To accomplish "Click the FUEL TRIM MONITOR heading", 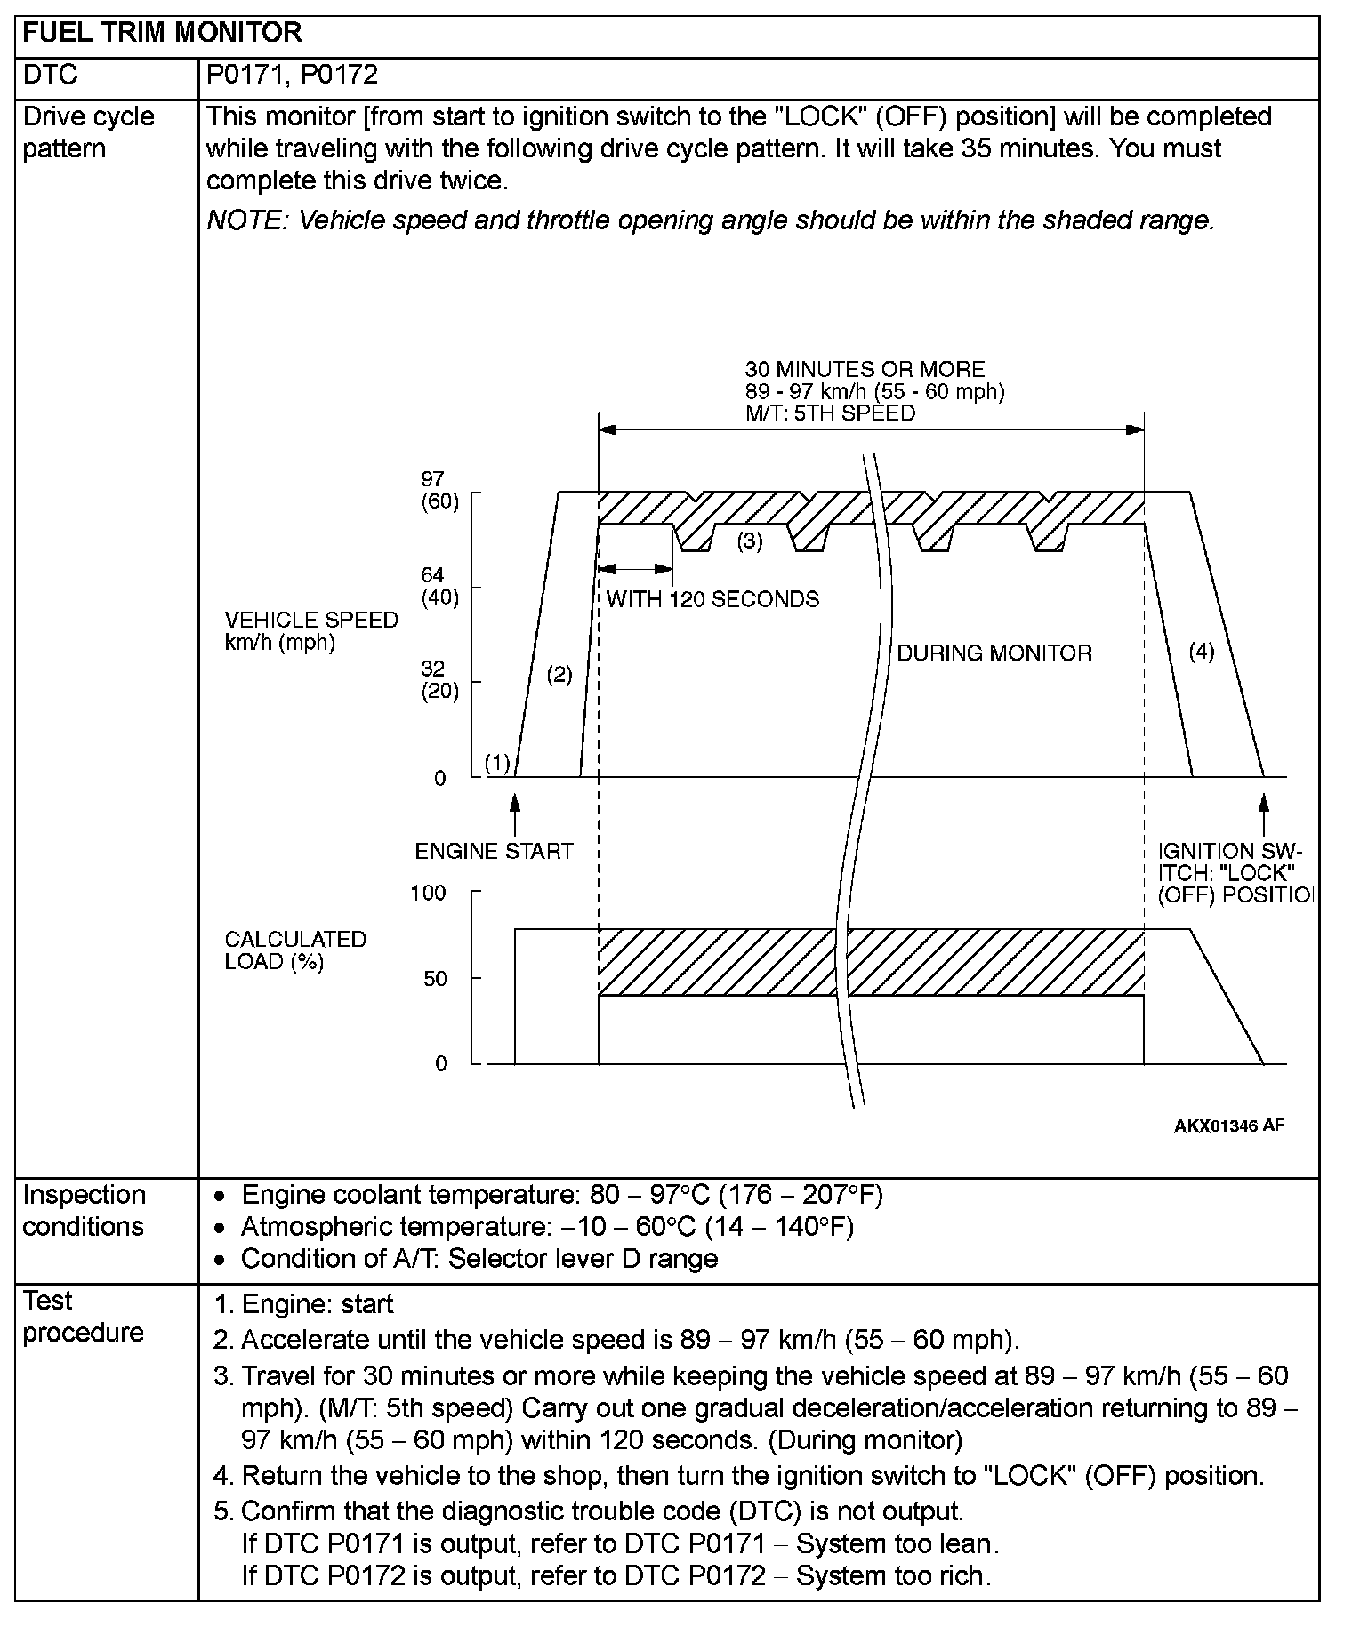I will tap(162, 34).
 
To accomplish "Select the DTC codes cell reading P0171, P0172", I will tap(292, 75).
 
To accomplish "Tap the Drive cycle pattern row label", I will tap(88, 132).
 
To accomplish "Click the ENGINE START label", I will tap(494, 852).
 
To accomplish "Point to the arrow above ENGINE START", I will tap(514, 813).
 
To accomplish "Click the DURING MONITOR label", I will tap(994, 653).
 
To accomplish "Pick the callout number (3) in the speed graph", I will tap(750, 541).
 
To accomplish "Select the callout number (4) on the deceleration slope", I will tap(1201, 652).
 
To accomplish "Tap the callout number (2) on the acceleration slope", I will tap(559, 675).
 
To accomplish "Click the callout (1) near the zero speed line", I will tap(497, 763).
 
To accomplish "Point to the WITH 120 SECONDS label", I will tap(712, 599).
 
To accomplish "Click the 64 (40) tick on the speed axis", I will tap(439, 587).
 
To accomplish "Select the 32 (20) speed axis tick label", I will tap(439, 681).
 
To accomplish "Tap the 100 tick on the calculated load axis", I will tap(428, 893).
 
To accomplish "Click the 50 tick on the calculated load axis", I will tap(435, 979).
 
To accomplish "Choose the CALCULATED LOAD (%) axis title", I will tap(295, 950).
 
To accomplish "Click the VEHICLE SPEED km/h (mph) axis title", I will tap(311, 631).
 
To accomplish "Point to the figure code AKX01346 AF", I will tap(1228, 1126).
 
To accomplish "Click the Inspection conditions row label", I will tap(84, 1211).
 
